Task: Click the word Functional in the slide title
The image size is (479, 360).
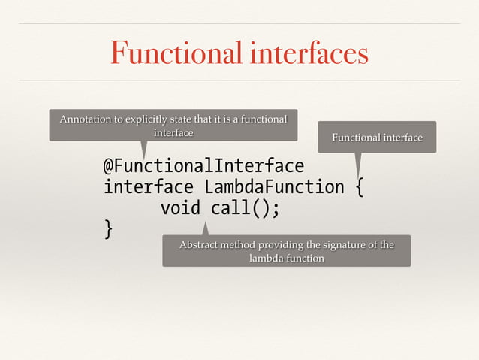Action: coord(172,53)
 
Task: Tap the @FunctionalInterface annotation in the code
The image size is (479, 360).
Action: coord(203,165)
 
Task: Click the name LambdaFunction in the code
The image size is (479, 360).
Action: coord(275,186)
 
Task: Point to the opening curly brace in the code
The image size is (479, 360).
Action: coord(360,186)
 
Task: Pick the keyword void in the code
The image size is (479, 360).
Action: coord(180,207)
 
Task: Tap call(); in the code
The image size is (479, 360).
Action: coord(246,207)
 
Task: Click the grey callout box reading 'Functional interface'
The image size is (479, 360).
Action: coord(377,137)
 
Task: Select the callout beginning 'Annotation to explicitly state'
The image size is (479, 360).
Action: coord(173,126)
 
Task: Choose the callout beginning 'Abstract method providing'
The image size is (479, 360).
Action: coord(286,251)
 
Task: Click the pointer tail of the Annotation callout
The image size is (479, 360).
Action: coord(143,149)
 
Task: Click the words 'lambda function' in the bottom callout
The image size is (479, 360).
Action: coord(286,258)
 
